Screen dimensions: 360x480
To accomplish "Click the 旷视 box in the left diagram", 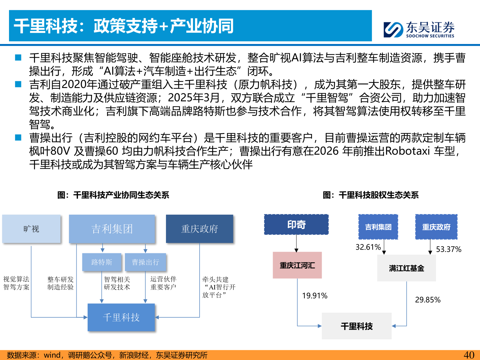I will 31,229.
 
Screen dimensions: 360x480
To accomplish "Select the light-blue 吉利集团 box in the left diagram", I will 112,229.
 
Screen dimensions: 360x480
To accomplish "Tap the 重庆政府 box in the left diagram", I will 199,229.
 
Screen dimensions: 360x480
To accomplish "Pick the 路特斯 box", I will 102,262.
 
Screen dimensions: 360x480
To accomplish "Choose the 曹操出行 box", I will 145,262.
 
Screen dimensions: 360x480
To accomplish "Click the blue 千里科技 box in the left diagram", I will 121,317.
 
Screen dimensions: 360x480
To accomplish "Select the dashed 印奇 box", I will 296,225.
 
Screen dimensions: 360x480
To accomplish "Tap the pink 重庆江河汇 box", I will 297,265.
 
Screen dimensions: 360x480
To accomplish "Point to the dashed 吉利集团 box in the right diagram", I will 378,227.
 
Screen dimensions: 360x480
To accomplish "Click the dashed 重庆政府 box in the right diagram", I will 436,227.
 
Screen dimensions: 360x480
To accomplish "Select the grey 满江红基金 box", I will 406,268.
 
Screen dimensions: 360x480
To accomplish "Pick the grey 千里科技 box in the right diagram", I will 357,326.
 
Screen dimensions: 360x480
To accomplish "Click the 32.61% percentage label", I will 368,247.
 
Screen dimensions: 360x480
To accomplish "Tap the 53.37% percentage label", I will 449,249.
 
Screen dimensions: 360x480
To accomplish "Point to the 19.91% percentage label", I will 315,296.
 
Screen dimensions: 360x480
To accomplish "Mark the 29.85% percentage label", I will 428,300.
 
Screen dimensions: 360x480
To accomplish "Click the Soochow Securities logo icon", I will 393,29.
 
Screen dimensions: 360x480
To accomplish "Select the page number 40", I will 469,355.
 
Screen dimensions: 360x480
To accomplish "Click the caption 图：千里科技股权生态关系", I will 371,195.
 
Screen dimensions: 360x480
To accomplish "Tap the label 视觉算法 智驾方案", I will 16,283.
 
